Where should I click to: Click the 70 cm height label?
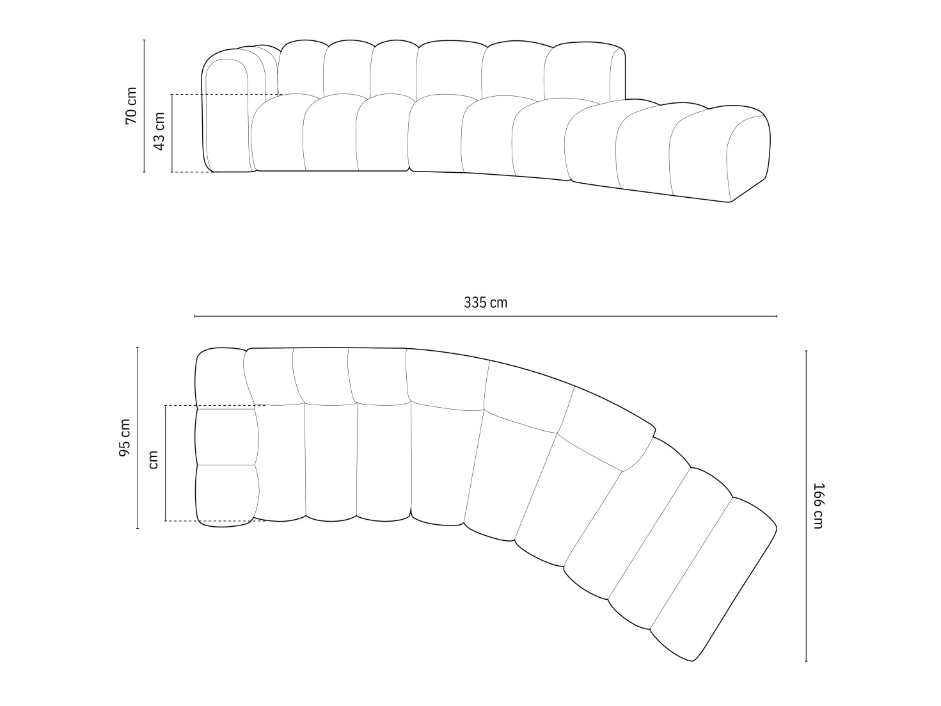click(x=131, y=106)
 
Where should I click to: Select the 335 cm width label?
click(x=486, y=303)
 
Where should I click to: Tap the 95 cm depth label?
click(x=125, y=438)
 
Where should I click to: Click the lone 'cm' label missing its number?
click(x=154, y=460)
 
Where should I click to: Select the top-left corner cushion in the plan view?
click(x=221, y=378)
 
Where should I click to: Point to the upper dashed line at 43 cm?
click(x=224, y=95)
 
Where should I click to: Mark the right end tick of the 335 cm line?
click(x=777, y=316)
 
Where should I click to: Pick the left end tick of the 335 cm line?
click(x=195, y=316)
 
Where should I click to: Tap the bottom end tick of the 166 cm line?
click(x=806, y=661)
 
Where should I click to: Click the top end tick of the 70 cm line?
click(x=145, y=40)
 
